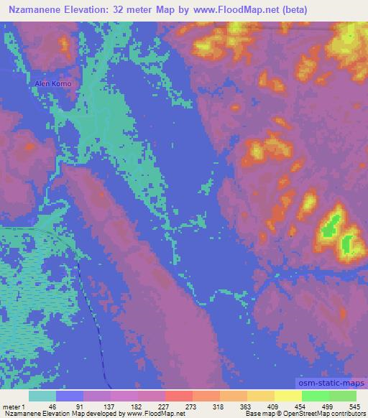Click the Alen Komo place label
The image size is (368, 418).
coord(54,84)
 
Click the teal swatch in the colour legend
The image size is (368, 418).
coord(42,396)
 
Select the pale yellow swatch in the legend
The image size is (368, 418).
coord(287,396)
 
